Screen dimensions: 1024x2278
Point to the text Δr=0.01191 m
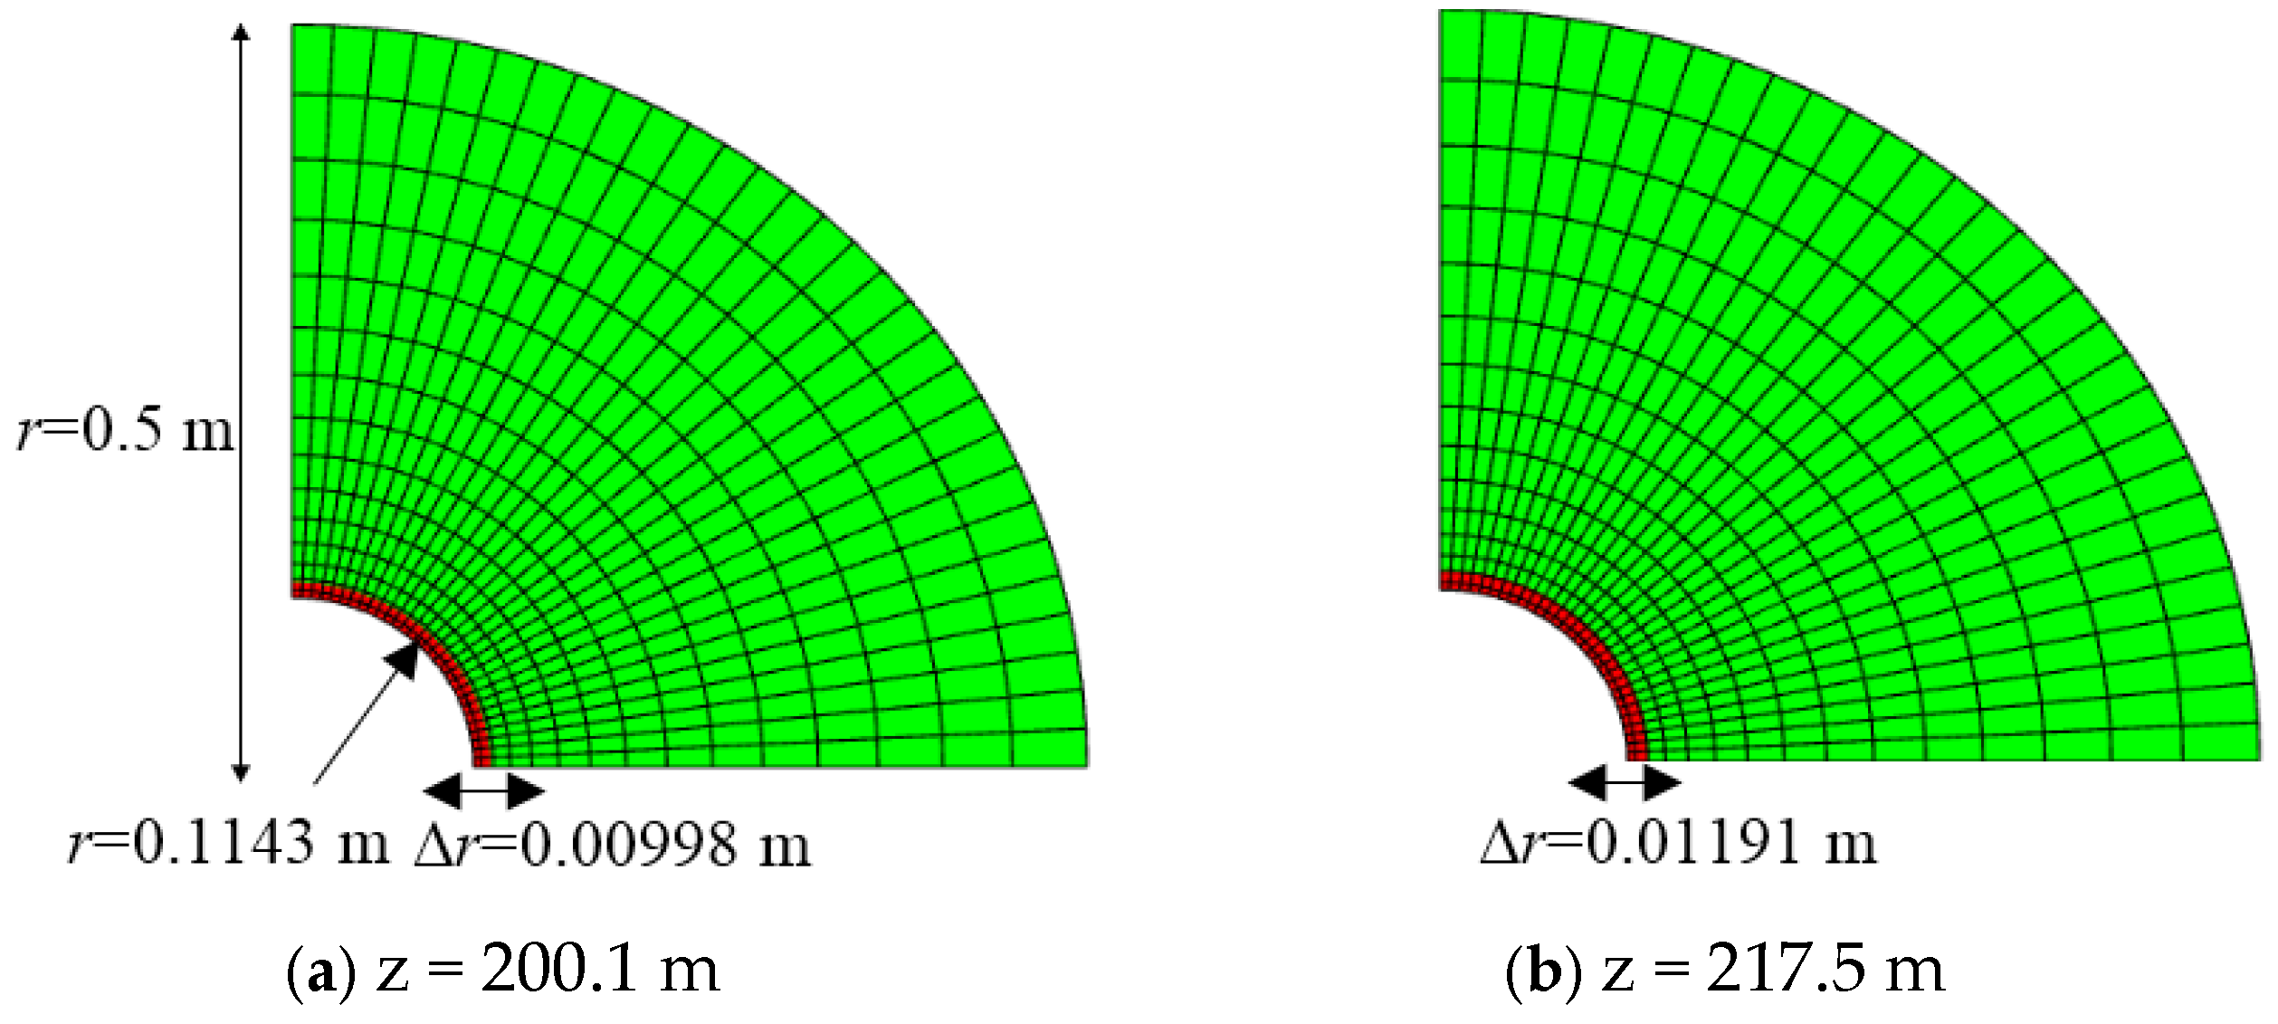click(x=1679, y=843)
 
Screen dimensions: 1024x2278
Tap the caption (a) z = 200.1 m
click(x=503, y=970)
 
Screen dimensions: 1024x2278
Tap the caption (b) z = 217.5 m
click(x=1726, y=970)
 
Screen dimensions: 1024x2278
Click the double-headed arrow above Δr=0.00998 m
click(x=484, y=791)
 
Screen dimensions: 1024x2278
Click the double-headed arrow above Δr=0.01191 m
click(x=1625, y=781)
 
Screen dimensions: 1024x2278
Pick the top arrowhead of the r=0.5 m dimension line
click(x=240, y=33)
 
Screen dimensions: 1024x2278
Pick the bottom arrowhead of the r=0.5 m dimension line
click(x=240, y=771)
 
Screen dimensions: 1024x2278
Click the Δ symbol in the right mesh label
click(x=1499, y=845)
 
